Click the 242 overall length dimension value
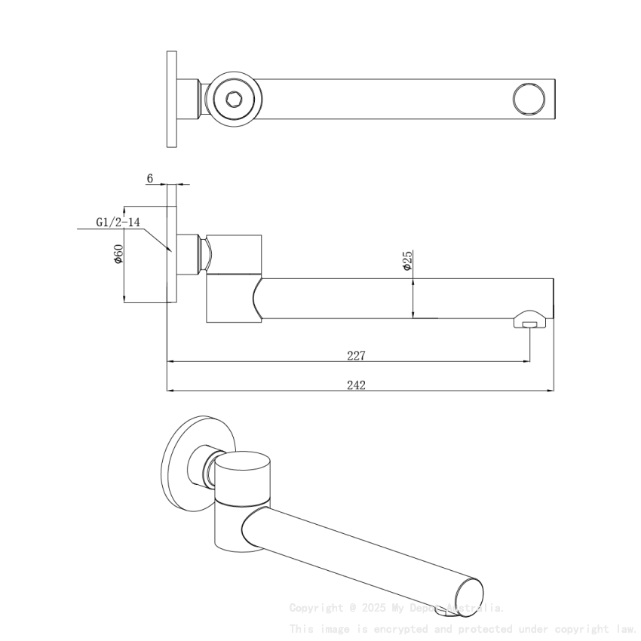356,385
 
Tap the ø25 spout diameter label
406,262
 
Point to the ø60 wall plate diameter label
118,254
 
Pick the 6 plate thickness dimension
150,179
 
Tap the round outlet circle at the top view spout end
529,98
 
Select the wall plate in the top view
172,99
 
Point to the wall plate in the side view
172,254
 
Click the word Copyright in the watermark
316,608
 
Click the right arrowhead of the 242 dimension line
551,391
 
